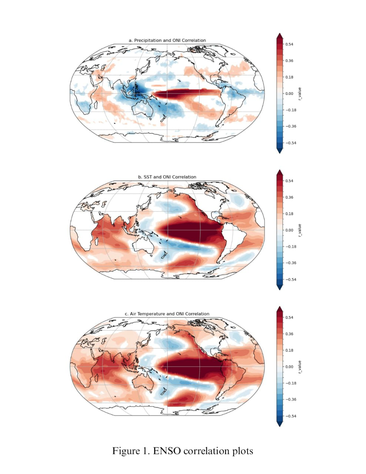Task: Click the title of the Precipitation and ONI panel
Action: point(167,40)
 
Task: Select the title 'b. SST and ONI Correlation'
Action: point(167,177)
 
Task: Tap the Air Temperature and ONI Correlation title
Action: point(167,314)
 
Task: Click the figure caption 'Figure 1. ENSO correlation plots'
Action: point(183,451)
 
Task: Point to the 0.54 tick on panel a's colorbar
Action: point(289,44)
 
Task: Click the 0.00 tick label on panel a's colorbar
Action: point(289,93)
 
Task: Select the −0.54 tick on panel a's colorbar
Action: point(290,143)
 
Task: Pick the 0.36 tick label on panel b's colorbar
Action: point(289,197)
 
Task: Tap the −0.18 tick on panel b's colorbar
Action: point(290,247)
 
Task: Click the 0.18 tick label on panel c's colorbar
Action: point(289,350)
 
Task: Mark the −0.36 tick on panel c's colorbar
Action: point(290,400)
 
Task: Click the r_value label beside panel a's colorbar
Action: point(300,94)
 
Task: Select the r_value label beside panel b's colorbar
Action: point(300,230)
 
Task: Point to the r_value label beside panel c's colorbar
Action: point(300,367)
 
